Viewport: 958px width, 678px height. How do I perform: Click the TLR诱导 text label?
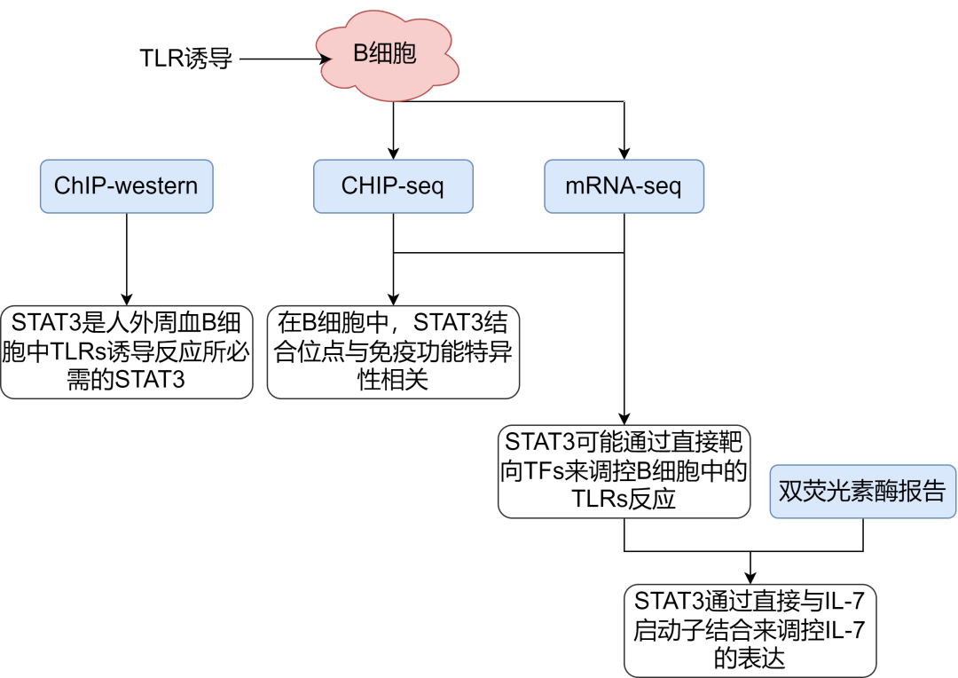click(x=185, y=59)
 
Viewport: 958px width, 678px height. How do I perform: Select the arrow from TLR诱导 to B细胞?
click(x=279, y=59)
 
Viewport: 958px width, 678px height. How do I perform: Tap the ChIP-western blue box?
click(x=126, y=186)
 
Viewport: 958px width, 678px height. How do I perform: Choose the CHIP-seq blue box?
click(x=393, y=186)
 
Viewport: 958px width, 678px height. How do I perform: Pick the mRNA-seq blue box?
click(x=624, y=186)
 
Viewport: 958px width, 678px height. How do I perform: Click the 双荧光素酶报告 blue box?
click(x=862, y=491)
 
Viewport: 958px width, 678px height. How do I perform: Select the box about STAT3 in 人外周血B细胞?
click(x=127, y=351)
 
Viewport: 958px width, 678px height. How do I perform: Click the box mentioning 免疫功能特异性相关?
click(x=393, y=351)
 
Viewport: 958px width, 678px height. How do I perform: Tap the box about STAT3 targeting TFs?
click(x=624, y=470)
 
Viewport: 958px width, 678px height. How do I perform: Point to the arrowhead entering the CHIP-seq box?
click(x=393, y=154)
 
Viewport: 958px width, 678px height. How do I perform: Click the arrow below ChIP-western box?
click(x=127, y=257)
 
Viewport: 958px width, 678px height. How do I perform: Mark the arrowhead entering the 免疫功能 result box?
click(x=393, y=299)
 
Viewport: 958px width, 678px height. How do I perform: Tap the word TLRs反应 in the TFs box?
click(x=624, y=499)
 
